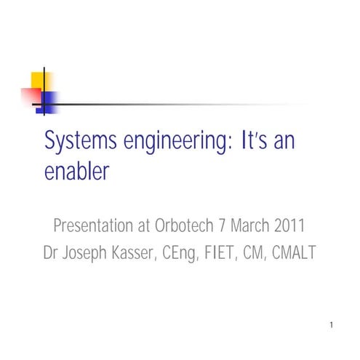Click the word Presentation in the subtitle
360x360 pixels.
(x=95, y=225)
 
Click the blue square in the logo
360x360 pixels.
(x=49, y=99)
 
